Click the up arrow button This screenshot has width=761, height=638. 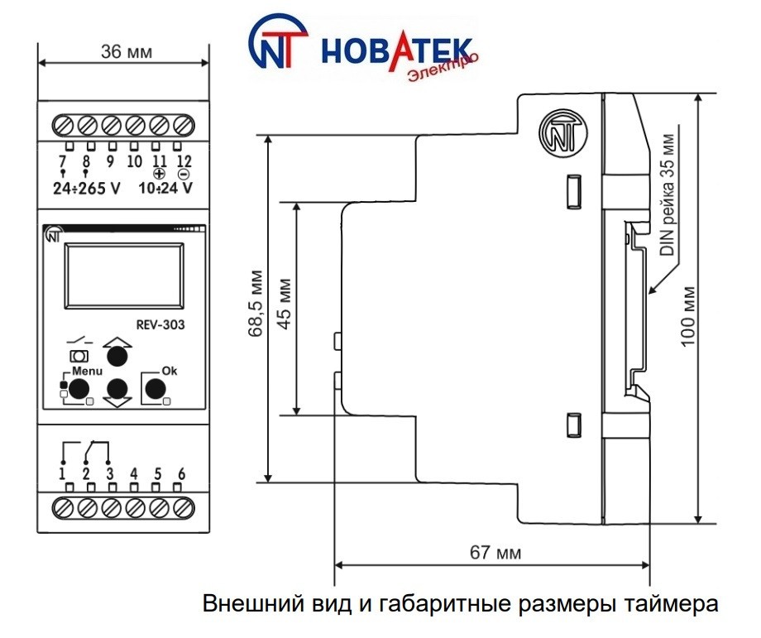tap(117, 355)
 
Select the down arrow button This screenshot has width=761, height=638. tap(117, 388)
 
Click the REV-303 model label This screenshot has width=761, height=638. tap(160, 324)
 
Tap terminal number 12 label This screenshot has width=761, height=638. tap(184, 161)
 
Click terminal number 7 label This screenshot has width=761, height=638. tap(62, 161)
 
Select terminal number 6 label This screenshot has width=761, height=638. tap(182, 474)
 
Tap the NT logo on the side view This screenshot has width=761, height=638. tap(562, 134)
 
